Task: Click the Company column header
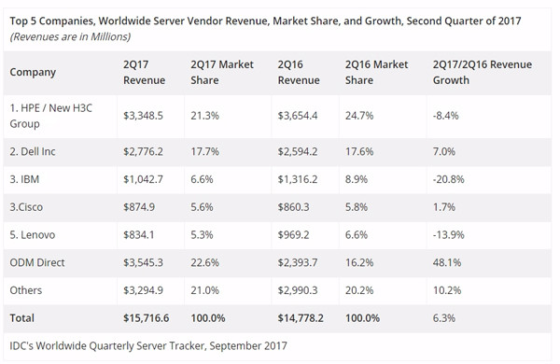pyautogui.click(x=34, y=72)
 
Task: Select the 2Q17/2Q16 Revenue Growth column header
pyautogui.click(x=482, y=72)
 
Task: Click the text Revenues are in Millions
pyautogui.click(x=70, y=36)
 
